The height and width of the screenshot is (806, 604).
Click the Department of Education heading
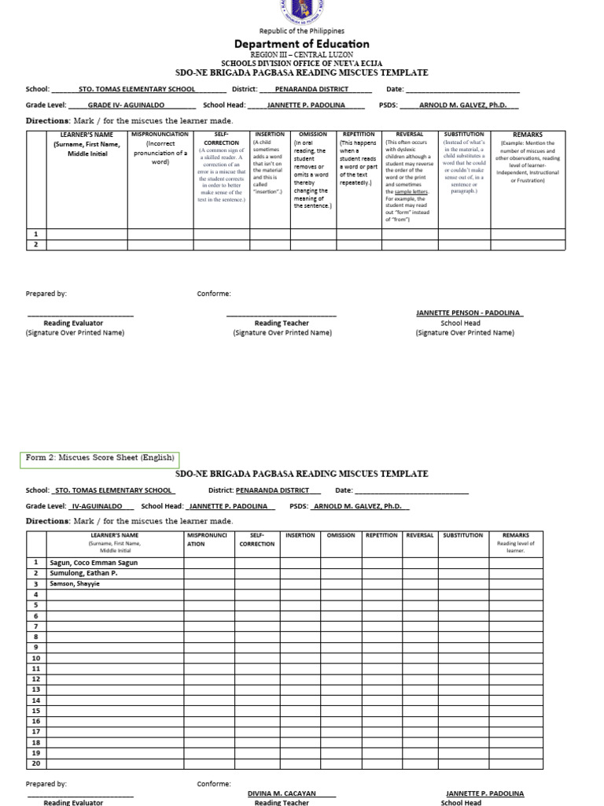click(x=302, y=44)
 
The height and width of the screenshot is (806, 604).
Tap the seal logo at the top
click(x=302, y=9)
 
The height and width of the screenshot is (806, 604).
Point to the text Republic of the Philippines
click(x=302, y=31)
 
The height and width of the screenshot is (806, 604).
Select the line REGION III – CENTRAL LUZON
click(x=302, y=55)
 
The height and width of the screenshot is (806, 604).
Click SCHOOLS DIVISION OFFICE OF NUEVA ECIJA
click(x=302, y=63)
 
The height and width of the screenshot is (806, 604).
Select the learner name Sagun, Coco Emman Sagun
click(x=96, y=563)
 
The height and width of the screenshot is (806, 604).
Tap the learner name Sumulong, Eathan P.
click(x=86, y=574)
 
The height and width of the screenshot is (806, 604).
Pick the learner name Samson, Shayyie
click(x=76, y=584)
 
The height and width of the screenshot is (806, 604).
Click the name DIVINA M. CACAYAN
click(x=281, y=793)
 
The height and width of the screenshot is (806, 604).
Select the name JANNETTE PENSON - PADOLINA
click(x=470, y=313)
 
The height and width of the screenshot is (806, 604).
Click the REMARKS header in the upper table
click(x=528, y=135)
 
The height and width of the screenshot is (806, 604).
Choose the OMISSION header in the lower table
click(x=341, y=535)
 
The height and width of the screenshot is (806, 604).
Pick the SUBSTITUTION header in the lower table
click(x=463, y=535)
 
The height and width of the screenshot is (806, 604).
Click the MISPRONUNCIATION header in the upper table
click(x=160, y=135)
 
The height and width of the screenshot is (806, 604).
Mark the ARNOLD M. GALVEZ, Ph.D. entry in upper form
click(x=468, y=105)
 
